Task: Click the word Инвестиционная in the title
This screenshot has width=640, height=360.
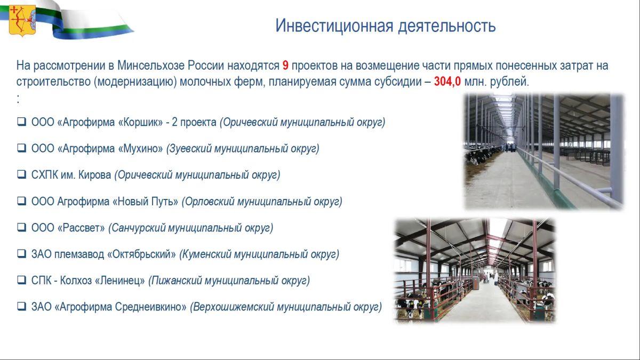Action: (x=334, y=26)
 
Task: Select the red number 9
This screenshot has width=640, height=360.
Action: (x=285, y=66)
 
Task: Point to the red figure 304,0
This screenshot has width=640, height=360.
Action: (x=447, y=82)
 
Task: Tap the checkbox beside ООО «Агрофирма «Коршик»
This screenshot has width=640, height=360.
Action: (x=22, y=122)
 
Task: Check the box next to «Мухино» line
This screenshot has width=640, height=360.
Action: (x=22, y=148)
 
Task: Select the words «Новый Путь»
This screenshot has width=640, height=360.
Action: (x=146, y=202)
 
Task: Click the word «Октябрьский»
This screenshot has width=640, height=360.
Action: (x=141, y=254)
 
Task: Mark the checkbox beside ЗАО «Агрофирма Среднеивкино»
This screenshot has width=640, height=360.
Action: (x=22, y=306)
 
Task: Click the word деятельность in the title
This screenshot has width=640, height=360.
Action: (x=447, y=26)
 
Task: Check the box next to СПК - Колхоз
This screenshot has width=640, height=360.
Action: (x=22, y=280)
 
